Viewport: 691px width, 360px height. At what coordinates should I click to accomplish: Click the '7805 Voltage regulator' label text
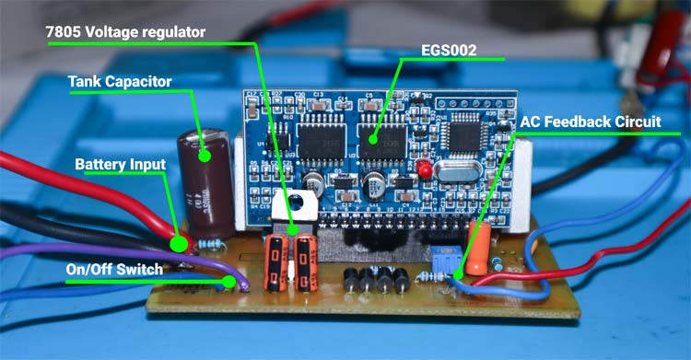pos(126,31)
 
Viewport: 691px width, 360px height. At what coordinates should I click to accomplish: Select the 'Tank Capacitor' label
pos(120,81)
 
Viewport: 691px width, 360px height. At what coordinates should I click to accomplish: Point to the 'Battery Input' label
pos(120,165)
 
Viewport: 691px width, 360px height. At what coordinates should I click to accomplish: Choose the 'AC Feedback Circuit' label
pos(599,122)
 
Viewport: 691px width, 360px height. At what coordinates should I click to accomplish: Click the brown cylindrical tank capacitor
pos(208,184)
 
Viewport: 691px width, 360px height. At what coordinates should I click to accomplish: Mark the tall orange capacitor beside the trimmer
pos(477,247)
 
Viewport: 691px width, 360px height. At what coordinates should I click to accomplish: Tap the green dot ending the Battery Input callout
pos(177,244)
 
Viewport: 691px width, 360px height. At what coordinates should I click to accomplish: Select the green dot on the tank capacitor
pos(205,155)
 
